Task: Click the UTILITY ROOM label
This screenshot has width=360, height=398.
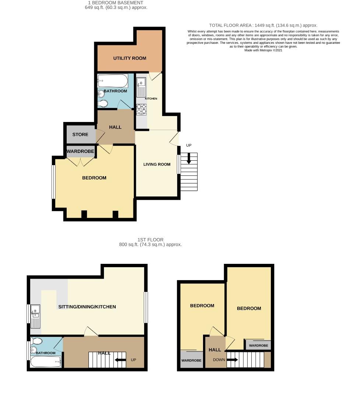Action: (129, 58)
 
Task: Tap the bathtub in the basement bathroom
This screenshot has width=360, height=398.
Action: (112, 80)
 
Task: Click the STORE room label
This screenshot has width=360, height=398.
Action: (80, 135)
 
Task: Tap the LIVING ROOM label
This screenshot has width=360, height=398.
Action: (157, 164)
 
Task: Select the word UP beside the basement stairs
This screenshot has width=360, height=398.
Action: (189, 146)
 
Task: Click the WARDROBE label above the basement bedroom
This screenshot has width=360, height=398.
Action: (80, 151)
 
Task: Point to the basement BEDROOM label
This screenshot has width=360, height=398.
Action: (94, 178)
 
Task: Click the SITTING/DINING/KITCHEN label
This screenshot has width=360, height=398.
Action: (87, 307)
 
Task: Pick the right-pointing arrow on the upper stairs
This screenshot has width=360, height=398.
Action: (233, 360)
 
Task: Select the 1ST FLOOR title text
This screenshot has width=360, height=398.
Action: (150, 240)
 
